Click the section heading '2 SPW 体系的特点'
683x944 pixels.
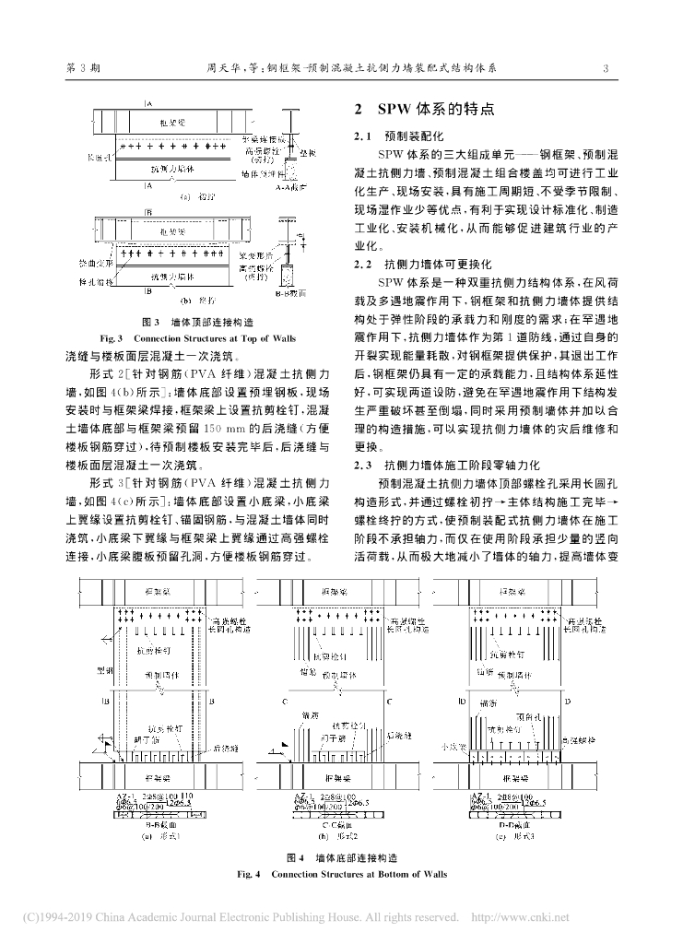(430, 108)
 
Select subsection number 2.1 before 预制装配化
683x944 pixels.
(362, 136)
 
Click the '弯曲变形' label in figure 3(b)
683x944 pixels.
(95, 262)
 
